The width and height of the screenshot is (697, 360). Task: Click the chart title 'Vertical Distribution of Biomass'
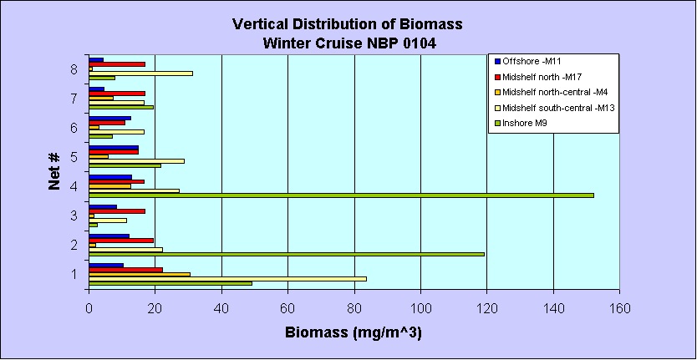click(x=347, y=24)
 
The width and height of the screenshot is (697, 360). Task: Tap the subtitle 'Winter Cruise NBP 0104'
click(x=347, y=42)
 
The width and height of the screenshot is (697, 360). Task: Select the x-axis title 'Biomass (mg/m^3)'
click(x=354, y=332)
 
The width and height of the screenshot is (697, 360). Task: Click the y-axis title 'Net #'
click(x=54, y=174)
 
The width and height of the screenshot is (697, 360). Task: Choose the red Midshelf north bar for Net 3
click(x=117, y=211)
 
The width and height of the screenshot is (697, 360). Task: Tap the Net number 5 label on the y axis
click(x=75, y=157)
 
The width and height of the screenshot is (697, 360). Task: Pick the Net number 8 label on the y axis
click(x=75, y=69)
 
